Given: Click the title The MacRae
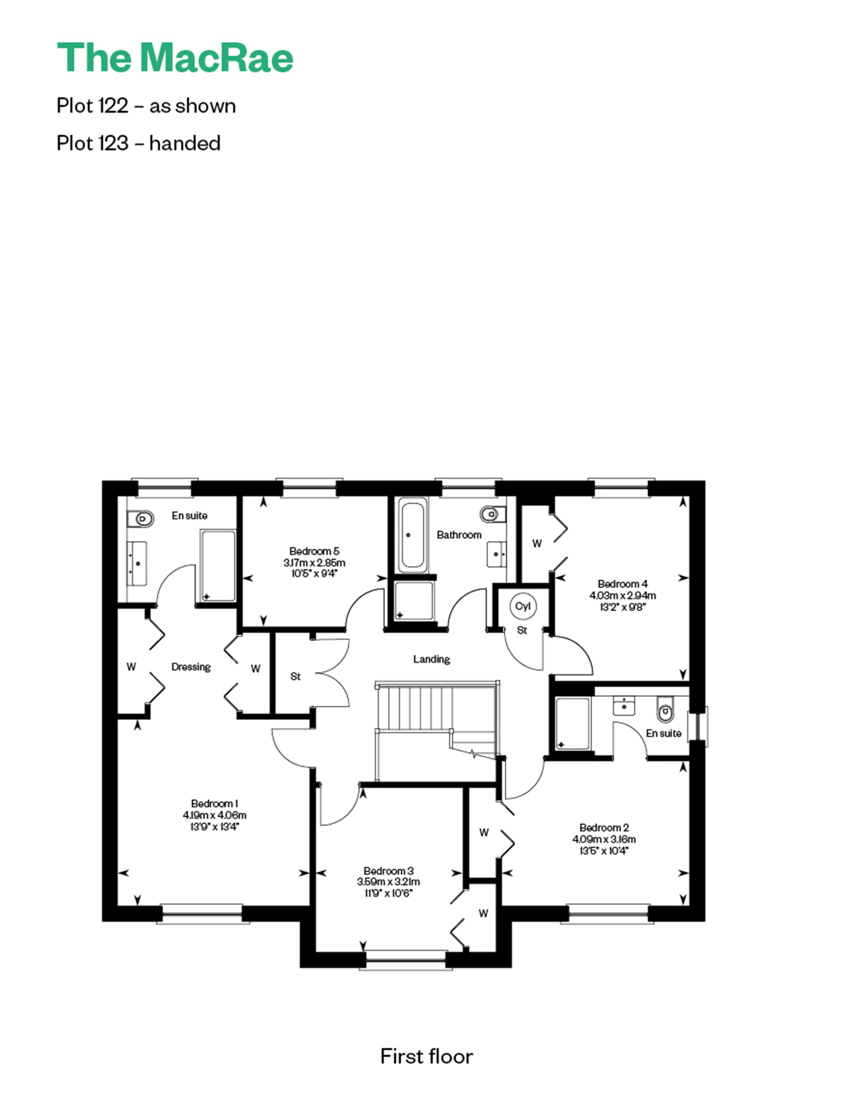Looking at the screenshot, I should click(x=175, y=58).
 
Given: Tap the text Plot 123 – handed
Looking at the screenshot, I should click(x=139, y=143).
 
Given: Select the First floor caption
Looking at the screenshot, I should click(x=426, y=1056).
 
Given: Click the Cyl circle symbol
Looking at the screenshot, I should click(x=522, y=606).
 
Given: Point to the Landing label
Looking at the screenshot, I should click(x=431, y=659).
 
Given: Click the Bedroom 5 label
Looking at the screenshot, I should click(x=314, y=551).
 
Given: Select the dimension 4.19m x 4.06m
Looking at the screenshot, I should click(x=215, y=815).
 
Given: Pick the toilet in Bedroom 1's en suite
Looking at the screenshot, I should click(x=141, y=518).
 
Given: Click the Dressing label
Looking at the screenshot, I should click(x=191, y=667).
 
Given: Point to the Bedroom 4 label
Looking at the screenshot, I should click(x=622, y=584).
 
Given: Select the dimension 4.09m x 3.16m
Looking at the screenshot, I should click(x=604, y=839).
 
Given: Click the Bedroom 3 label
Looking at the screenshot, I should click(x=388, y=871).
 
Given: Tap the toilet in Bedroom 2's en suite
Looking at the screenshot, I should click(x=665, y=712).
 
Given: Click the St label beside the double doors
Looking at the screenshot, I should click(x=295, y=676).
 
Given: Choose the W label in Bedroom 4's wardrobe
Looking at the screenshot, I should click(x=537, y=544).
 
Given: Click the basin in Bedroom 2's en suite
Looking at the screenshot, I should click(x=623, y=706).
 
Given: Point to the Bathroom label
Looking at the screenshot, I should click(x=459, y=535).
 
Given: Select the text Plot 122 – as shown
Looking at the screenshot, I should click(x=146, y=106).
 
